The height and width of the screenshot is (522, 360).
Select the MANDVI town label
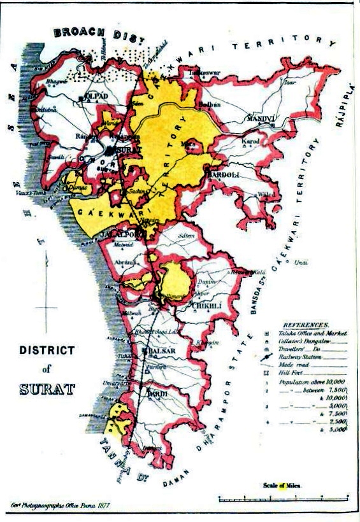261,118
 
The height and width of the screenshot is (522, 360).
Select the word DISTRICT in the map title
47,350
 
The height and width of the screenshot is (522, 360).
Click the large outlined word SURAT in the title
47,388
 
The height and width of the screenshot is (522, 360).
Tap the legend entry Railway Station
300,358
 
